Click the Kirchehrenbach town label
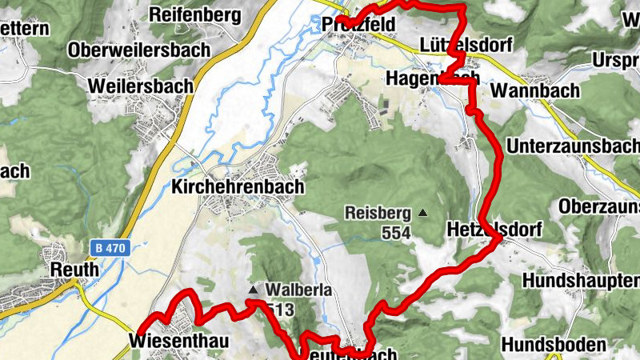point(238,186)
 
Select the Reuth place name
point(74,270)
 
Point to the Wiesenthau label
point(178,342)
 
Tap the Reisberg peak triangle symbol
point(422,213)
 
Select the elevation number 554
point(395,233)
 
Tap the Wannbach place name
point(535,90)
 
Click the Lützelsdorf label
point(465,45)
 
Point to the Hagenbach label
point(432,78)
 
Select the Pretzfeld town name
point(360,26)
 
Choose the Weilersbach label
point(141,86)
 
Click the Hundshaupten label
point(581,281)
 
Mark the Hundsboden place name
point(554,345)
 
